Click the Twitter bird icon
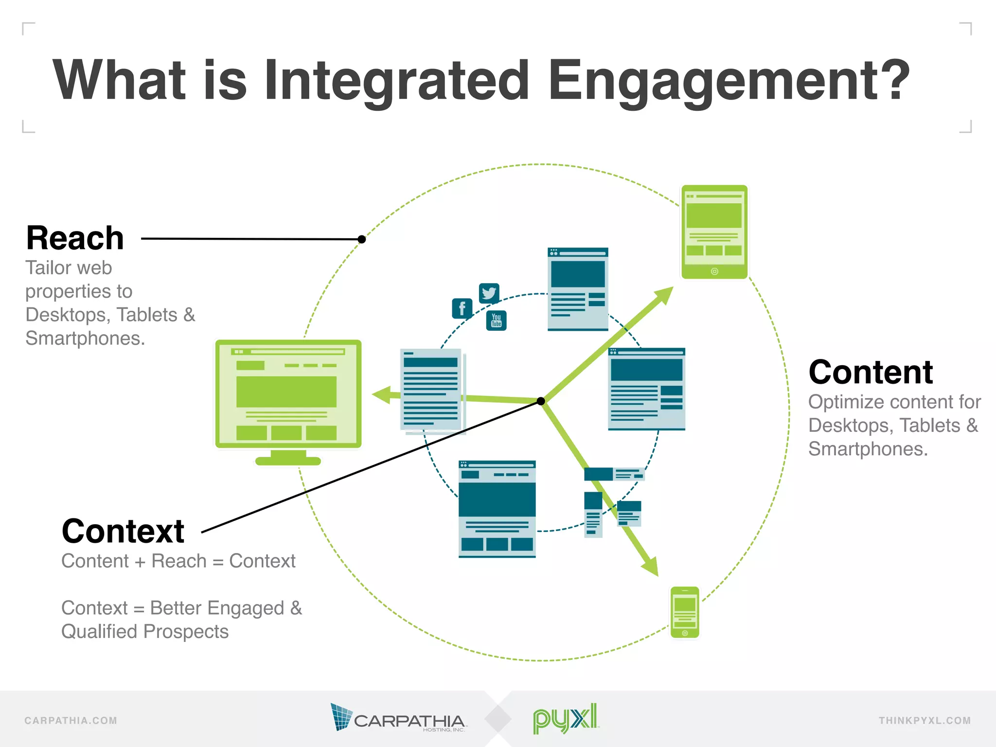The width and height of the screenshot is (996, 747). (489, 293)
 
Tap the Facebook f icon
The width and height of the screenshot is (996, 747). (462, 308)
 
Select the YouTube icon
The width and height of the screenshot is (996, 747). (496, 320)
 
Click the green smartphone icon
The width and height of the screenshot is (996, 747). (685, 612)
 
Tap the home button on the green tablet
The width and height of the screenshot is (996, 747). (714, 271)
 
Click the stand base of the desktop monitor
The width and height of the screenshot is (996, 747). (288, 461)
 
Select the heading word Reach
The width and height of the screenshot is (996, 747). (75, 238)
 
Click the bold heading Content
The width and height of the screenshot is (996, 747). (870, 373)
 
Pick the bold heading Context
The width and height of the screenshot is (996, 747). (123, 531)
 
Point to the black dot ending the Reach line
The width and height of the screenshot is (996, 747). (361, 239)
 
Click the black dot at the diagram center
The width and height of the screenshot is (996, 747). (541, 401)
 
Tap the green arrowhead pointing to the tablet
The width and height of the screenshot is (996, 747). (664, 295)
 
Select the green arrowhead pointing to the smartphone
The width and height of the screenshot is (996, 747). (651, 567)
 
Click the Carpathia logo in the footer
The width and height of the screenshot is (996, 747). (398, 718)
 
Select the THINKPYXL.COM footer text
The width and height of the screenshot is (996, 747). (924, 721)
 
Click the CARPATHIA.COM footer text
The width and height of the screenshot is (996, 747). (71, 721)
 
